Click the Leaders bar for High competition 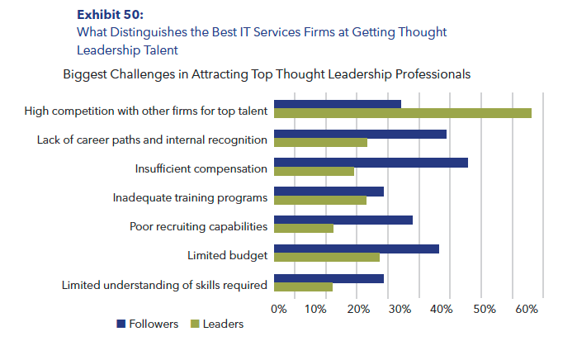402,113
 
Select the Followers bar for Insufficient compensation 371,162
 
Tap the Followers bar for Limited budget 356,249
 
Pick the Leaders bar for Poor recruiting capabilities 303,229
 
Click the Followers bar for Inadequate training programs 329,191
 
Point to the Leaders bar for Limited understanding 303,287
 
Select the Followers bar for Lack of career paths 360,133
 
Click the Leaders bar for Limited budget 326,258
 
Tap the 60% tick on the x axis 526,309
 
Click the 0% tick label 278,309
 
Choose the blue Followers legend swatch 121,324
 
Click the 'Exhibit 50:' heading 109,15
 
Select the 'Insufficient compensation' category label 201,169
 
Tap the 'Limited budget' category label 227,256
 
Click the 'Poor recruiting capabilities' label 198,227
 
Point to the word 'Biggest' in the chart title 85,73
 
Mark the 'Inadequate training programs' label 189,198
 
